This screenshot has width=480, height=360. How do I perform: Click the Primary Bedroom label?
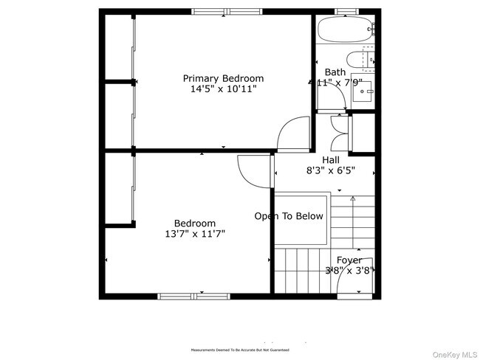(x=223, y=78)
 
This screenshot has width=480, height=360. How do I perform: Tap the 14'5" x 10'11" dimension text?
(x=223, y=89)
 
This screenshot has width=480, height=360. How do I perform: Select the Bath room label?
(x=335, y=72)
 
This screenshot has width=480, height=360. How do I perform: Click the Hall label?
(x=331, y=159)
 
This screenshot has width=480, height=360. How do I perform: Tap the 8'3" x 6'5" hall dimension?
(x=331, y=170)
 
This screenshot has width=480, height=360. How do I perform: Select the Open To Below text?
(x=289, y=216)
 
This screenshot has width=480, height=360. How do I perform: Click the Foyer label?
(x=349, y=260)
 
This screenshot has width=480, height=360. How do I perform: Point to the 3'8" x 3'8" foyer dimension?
(x=349, y=271)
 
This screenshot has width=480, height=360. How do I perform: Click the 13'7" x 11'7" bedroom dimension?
(x=195, y=234)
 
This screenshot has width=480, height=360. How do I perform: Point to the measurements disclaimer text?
(x=239, y=350)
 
